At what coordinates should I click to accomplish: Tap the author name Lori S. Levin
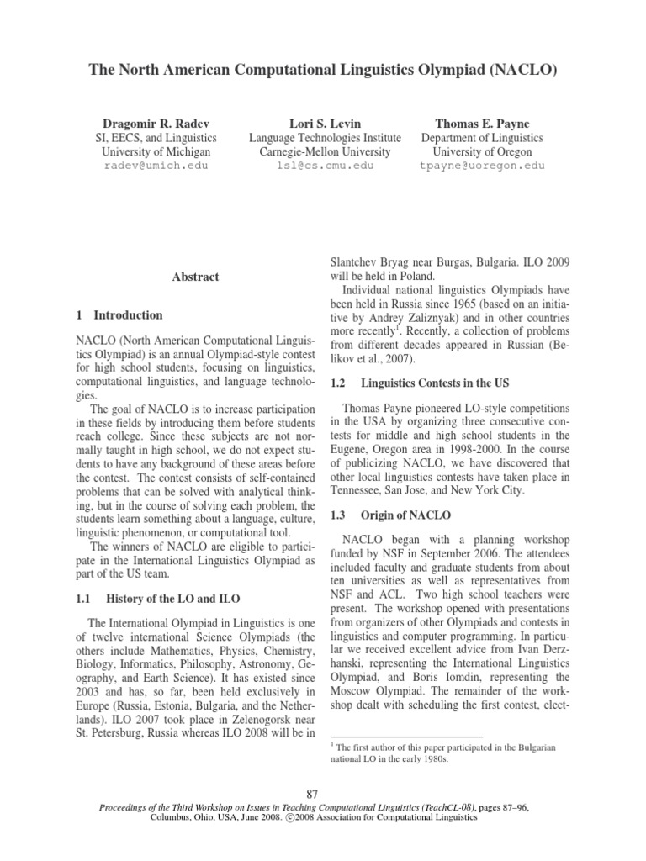(325, 124)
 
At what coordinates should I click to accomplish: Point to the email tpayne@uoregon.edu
(482, 166)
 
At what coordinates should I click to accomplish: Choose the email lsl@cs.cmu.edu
(325, 166)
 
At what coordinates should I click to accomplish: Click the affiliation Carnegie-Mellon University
(325, 152)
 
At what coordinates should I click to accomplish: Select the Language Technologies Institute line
(325, 138)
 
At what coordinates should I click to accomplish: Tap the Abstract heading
(196, 277)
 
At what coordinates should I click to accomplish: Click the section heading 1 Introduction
(119, 315)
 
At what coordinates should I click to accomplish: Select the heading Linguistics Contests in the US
(435, 383)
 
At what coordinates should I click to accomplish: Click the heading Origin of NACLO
(406, 515)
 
